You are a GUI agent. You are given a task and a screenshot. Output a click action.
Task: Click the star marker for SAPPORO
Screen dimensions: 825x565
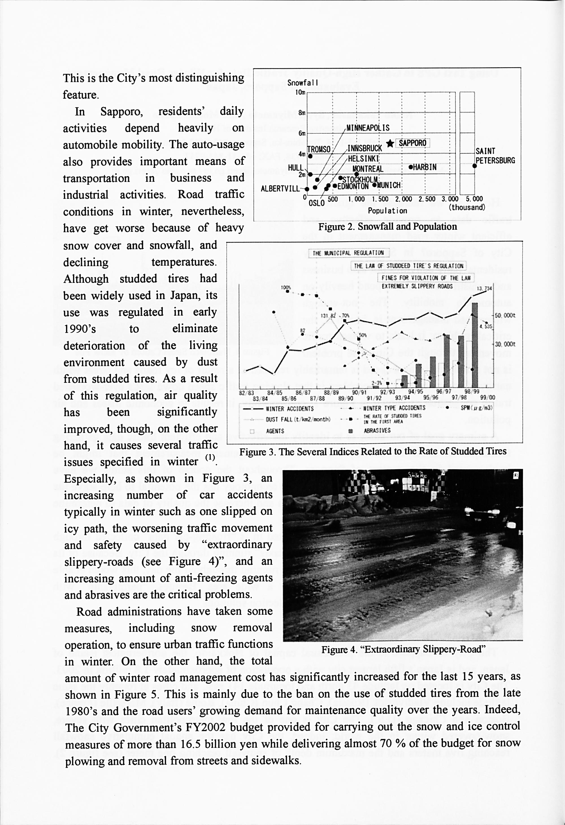pos(390,143)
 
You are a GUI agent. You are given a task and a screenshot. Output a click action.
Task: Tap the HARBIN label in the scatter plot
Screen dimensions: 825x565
pos(425,167)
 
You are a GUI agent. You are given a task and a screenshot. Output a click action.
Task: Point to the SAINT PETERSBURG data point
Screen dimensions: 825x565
pos(474,165)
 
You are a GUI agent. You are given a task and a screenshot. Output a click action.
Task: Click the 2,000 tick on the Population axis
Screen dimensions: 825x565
pos(403,200)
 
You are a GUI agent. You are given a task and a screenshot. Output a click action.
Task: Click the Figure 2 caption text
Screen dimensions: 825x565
pos(387,227)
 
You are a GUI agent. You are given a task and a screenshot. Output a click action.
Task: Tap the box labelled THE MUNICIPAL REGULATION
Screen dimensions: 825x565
pos(348,253)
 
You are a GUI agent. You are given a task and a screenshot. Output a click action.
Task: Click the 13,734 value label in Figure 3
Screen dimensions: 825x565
pos(484,288)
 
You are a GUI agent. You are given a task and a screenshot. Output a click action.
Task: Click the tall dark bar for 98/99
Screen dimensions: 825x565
pos(474,344)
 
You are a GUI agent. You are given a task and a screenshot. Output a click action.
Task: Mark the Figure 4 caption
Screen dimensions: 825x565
pos(403,650)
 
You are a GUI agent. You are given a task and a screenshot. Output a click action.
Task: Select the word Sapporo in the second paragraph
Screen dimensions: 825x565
pos(121,112)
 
